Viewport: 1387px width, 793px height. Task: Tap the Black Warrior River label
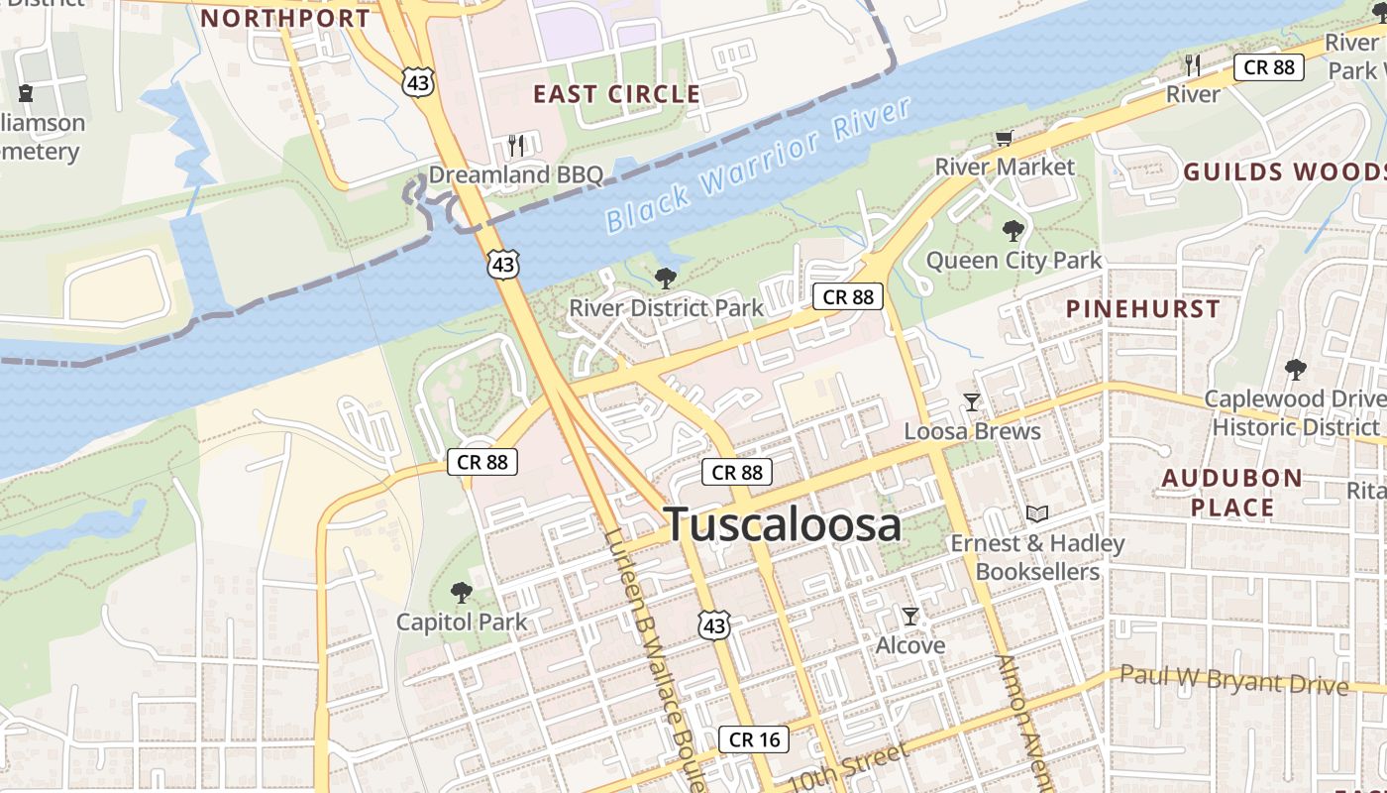point(758,165)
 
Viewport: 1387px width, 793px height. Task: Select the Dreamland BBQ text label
point(515,175)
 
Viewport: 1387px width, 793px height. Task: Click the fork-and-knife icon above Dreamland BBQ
point(515,146)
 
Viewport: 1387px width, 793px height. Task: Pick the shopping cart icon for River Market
point(1005,139)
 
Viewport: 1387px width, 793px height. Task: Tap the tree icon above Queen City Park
point(1013,232)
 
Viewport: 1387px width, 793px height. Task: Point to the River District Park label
point(666,308)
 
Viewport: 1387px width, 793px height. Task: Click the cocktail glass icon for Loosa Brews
point(972,401)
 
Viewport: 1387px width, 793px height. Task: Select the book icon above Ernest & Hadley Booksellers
point(1037,513)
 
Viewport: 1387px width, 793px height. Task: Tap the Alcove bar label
point(910,645)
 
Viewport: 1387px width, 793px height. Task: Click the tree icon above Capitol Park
point(461,593)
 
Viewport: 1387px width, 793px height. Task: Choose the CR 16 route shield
point(755,738)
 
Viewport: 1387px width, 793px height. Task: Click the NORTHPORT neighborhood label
point(285,18)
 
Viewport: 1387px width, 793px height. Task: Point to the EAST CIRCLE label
point(616,94)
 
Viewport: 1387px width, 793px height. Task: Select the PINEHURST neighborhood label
point(1143,308)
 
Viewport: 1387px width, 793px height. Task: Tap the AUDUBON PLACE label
point(1231,493)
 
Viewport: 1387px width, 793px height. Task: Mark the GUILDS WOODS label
point(1284,171)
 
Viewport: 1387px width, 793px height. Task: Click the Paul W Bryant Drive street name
point(1233,680)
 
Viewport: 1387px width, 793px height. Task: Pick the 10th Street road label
point(850,765)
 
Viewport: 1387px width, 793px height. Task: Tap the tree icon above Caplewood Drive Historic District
point(1295,370)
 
